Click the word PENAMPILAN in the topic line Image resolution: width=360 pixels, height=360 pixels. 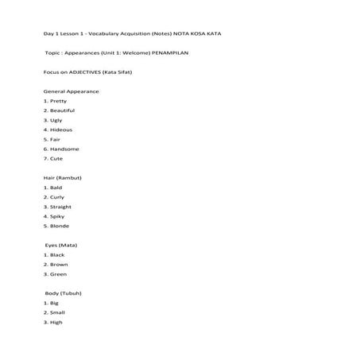click(169, 52)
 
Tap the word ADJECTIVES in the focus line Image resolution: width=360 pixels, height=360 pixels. click(82, 72)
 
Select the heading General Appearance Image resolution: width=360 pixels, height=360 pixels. click(72, 91)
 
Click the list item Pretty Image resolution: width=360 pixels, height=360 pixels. click(58, 101)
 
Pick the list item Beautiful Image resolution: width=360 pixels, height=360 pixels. click(62, 110)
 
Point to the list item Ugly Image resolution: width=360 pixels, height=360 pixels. click(56, 120)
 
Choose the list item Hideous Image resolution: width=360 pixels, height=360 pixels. click(60, 130)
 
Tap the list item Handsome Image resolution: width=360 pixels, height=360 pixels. click(64, 149)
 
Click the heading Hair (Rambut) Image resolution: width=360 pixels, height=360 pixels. click(62, 178)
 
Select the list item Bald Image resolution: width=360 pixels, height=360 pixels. click(56, 188)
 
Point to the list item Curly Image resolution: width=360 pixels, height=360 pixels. click(57, 197)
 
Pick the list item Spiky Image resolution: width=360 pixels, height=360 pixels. click(57, 216)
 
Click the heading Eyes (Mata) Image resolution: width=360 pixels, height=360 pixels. click(62, 246)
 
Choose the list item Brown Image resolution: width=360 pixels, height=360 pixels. click(59, 265)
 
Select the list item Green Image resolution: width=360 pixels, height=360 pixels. click(59, 274)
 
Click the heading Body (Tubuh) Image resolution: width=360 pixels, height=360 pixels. click(63, 293)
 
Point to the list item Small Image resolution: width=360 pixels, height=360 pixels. click(57, 312)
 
